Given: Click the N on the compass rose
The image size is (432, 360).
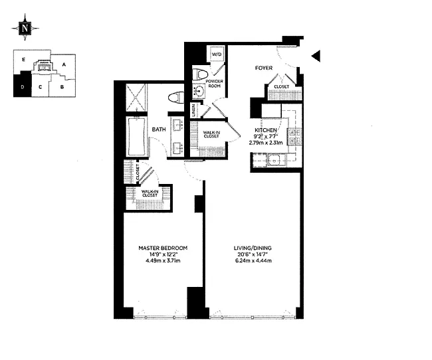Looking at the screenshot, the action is (x=25, y=28).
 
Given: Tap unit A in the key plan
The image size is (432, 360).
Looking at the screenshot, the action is (x=64, y=64).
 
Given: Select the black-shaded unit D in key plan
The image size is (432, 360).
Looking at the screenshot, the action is (x=23, y=84).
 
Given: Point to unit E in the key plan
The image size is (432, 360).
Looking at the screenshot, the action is (x=24, y=60).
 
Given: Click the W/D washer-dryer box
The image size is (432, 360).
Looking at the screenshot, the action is (x=217, y=54).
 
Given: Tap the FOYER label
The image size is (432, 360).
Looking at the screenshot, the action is (x=264, y=68).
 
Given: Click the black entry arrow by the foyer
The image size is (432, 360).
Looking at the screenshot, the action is (x=316, y=56).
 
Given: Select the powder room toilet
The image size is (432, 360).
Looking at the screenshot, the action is (x=200, y=74).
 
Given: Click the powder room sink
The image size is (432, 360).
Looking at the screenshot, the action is (x=198, y=91).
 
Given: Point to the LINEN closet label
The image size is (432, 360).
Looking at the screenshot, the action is (x=193, y=110).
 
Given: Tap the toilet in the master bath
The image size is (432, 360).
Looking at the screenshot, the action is (x=175, y=98).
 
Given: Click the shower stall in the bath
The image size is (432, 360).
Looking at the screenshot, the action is (x=136, y=98).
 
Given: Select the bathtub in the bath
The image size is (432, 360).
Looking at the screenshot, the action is (x=136, y=137).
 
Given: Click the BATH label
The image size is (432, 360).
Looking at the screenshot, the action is (x=159, y=129).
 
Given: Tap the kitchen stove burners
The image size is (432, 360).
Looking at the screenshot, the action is (x=294, y=137).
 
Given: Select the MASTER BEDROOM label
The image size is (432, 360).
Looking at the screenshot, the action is (x=163, y=248).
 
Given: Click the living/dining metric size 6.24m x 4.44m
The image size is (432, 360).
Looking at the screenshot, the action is (x=253, y=260).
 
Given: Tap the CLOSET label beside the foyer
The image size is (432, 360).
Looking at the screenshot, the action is (x=282, y=87).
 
